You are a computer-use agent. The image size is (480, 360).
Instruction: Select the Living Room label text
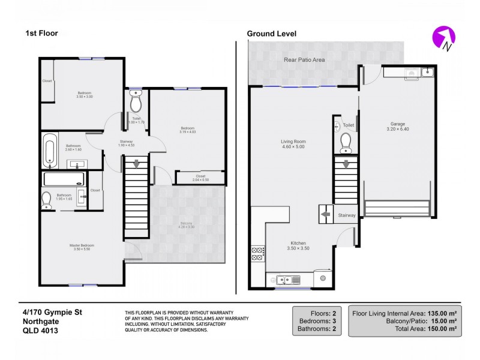coord(293,142)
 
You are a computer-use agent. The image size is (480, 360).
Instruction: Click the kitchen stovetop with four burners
coord(258,253)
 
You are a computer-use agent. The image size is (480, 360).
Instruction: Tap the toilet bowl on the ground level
coord(346,143)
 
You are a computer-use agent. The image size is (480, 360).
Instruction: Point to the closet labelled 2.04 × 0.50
coord(200,178)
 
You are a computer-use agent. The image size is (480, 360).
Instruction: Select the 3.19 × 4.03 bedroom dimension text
coord(188,132)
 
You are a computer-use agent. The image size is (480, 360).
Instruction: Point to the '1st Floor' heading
coord(41,34)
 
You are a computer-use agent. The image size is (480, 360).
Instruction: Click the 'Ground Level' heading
coord(272,34)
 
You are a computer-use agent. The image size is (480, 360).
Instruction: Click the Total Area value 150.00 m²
coord(441,329)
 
